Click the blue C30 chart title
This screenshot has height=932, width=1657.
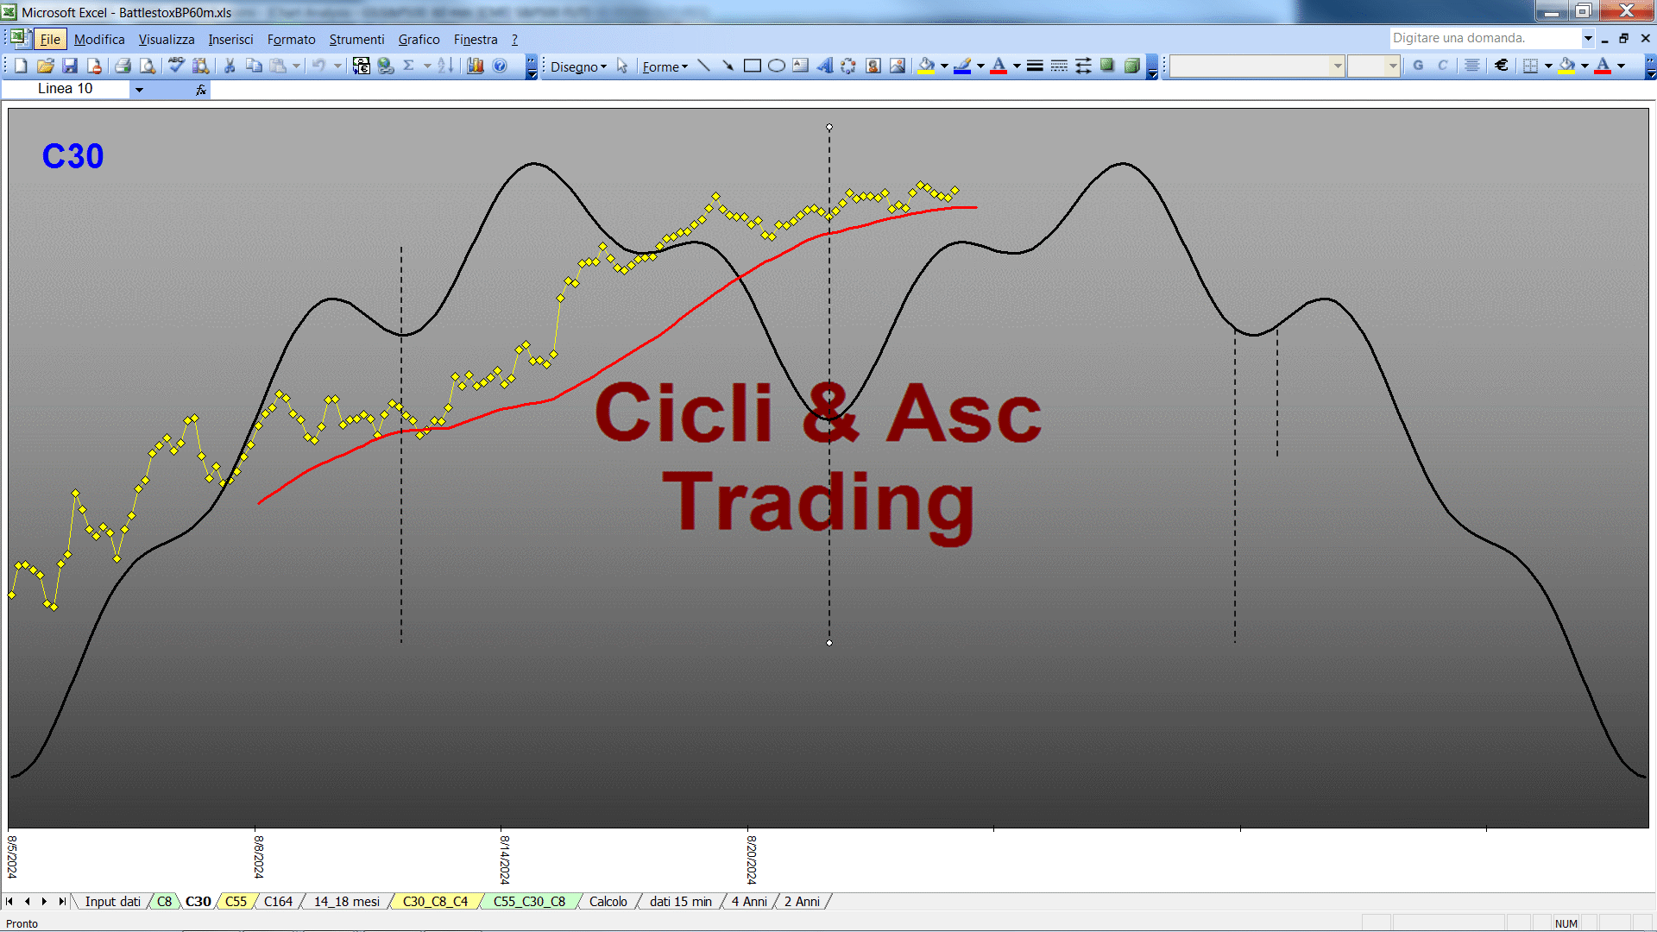pyautogui.click(x=72, y=156)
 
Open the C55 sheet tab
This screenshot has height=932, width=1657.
pyautogui.click(x=236, y=901)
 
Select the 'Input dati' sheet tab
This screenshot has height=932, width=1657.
pyautogui.click(x=112, y=901)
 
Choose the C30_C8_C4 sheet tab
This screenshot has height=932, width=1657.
pyautogui.click(x=435, y=901)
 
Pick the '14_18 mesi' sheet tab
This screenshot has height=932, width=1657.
pyautogui.click(x=346, y=901)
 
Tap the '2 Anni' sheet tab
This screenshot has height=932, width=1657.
pyautogui.click(x=802, y=901)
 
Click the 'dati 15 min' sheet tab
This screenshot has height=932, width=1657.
pyautogui.click(x=680, y=901)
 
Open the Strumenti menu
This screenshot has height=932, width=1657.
pyautogui.click(x=356, y=40)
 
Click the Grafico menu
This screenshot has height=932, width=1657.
pyautogui.click(x=419, y=40)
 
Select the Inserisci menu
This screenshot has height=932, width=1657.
pyautogui.click(x=230, y=40)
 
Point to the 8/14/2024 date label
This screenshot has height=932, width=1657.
pyautogui.click(x=505, y=859)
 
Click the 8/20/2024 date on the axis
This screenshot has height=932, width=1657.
pyautogui.click(x=752, y=859)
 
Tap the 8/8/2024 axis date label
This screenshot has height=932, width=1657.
pyautogui.click(x=259, y=856)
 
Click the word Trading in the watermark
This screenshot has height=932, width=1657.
pyautogui.click(x=818, y=504)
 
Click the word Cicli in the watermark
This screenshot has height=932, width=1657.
pyautogui.click(x=684, y=412)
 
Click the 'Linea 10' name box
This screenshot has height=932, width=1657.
pyautogui.click(x=66, y=89)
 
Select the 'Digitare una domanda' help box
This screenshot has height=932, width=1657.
pyautogui.click(x=1484, y=38)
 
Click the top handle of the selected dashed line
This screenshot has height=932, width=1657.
pyautogui.click(x=829, y=127)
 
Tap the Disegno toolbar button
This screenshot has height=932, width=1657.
pyautogui.click(x=578, y=66)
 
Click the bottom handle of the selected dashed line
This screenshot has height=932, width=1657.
pyautogui.click(x=829, y=643)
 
